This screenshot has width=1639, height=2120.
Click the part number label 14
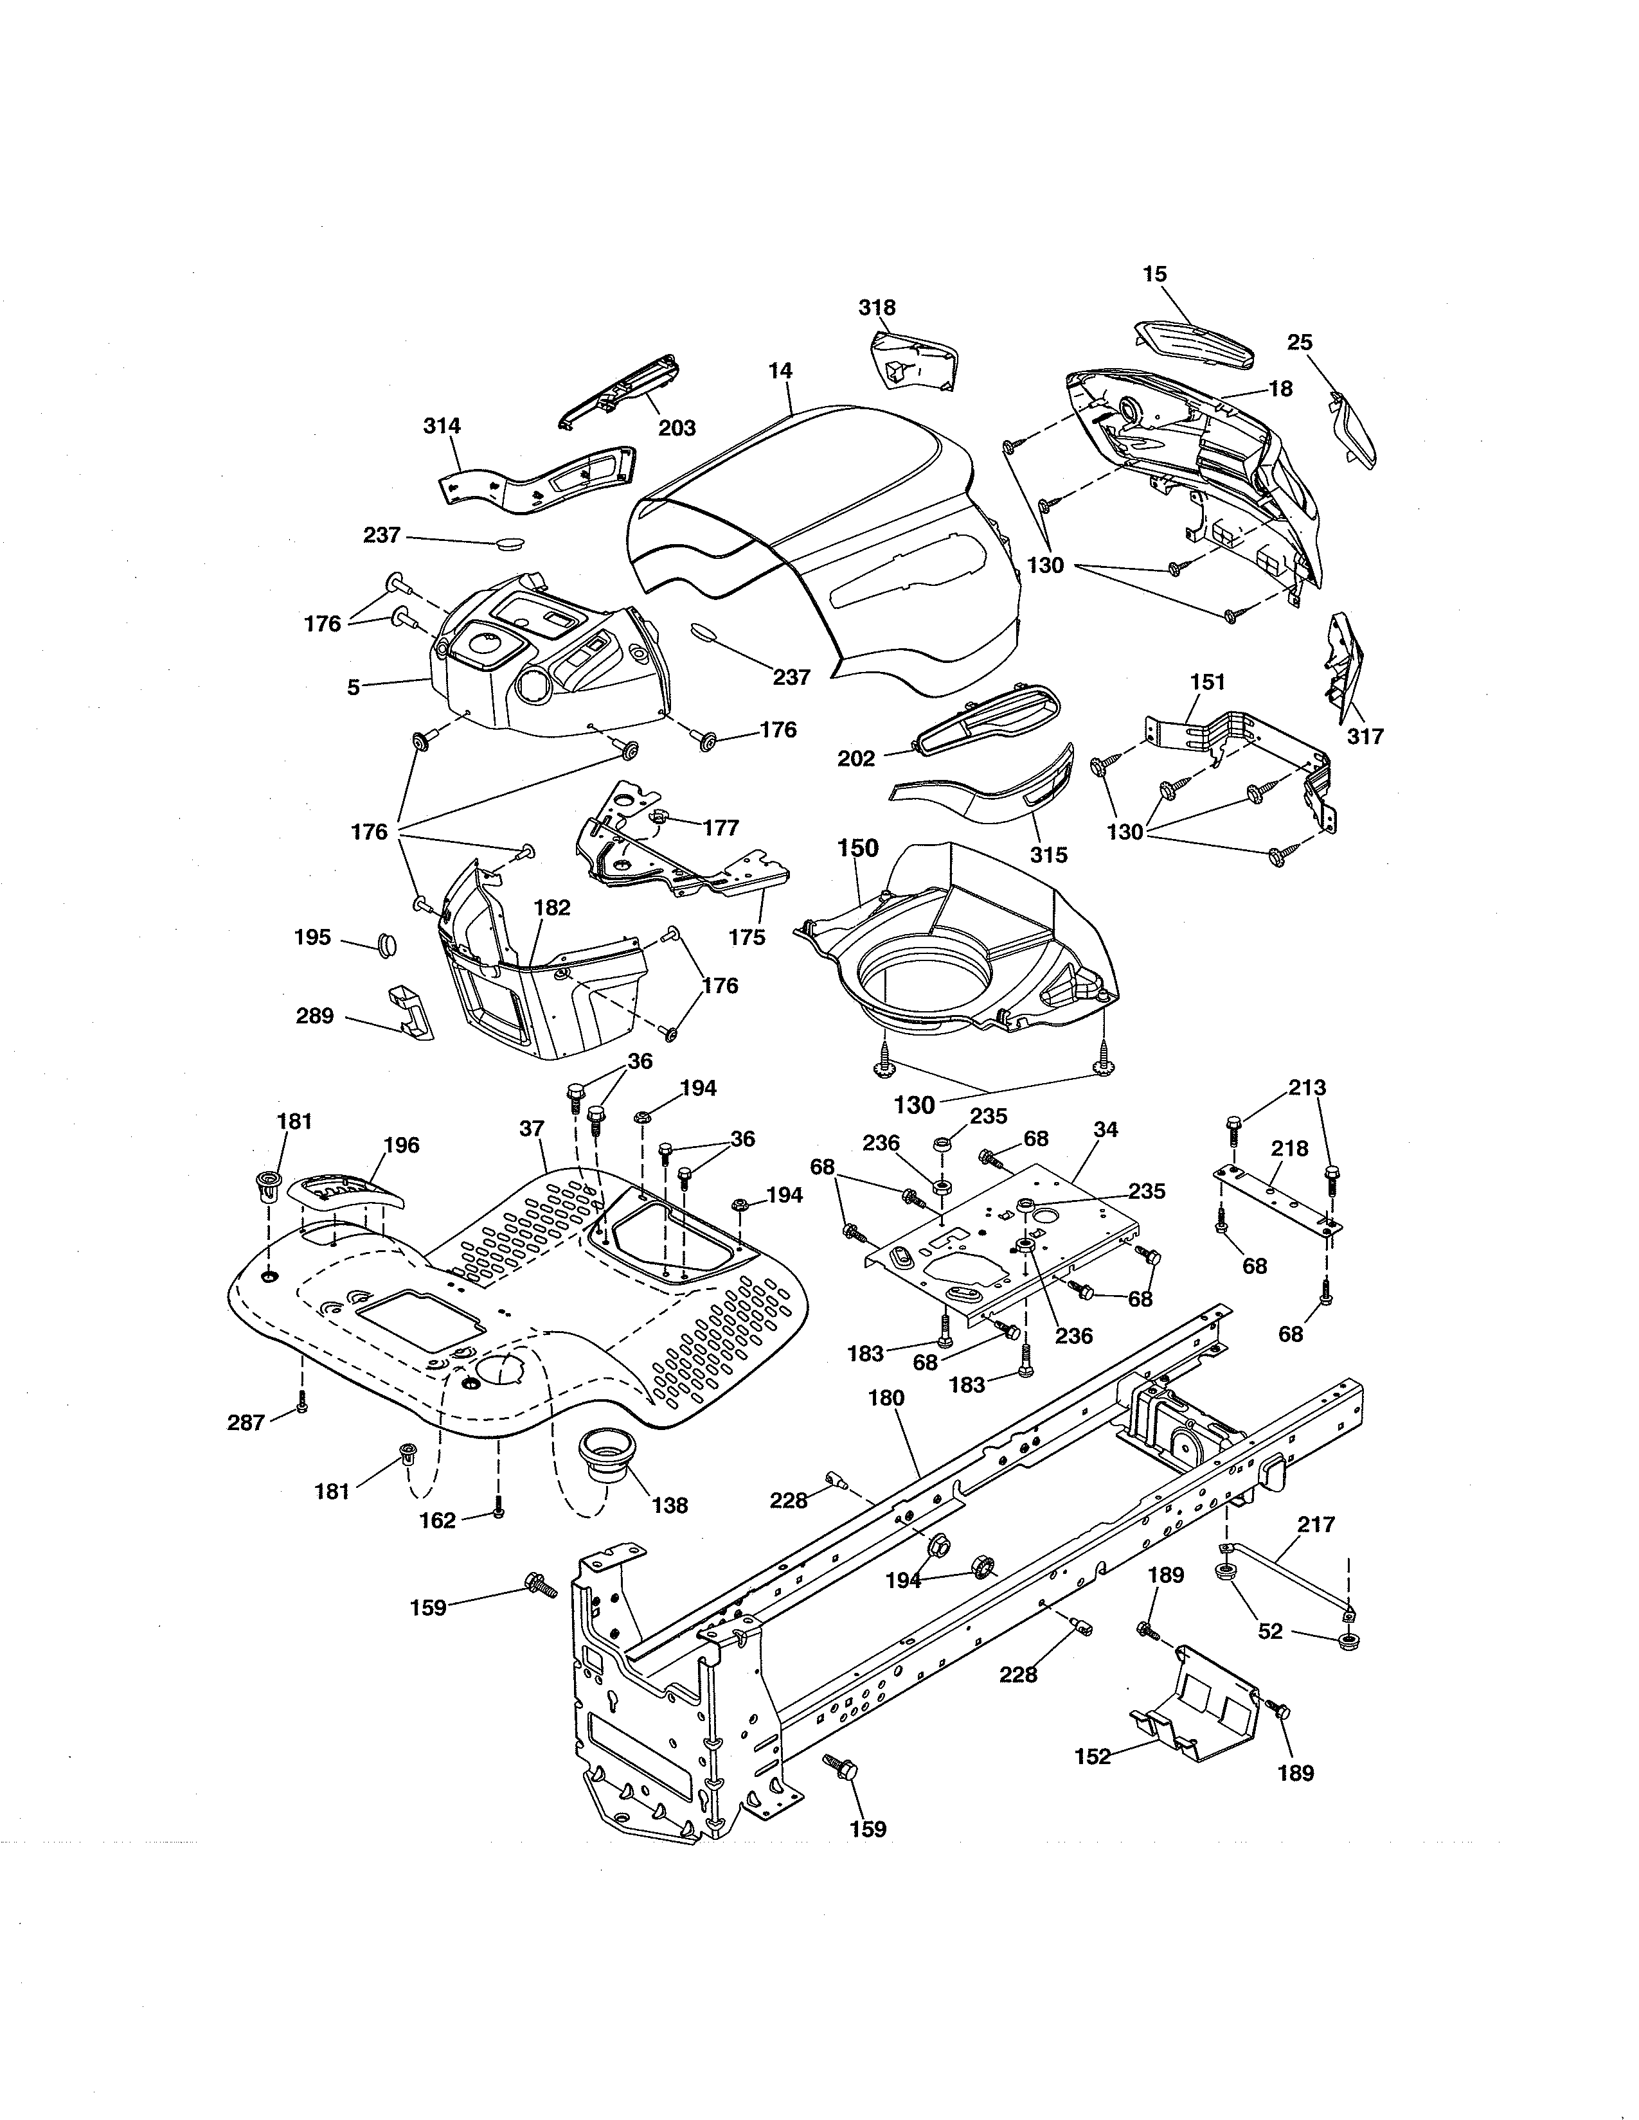pos(780,371)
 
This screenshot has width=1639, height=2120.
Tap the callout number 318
pos(877,308)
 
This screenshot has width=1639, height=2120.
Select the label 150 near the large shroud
pos(857,849)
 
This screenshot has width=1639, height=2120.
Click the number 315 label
pos(1049,854)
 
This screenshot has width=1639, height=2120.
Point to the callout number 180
pos(886,1398)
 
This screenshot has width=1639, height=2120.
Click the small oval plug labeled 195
pos(386,942)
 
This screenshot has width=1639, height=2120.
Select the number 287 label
pos(246,1422)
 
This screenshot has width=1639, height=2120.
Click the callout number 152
pos(1092,1756)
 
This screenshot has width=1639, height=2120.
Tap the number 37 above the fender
pos(531,1129)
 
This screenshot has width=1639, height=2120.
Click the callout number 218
pos(1289,1149)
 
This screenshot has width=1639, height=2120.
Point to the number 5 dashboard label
pos(354,687)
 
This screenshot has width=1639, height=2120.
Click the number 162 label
pos(437,1520)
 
